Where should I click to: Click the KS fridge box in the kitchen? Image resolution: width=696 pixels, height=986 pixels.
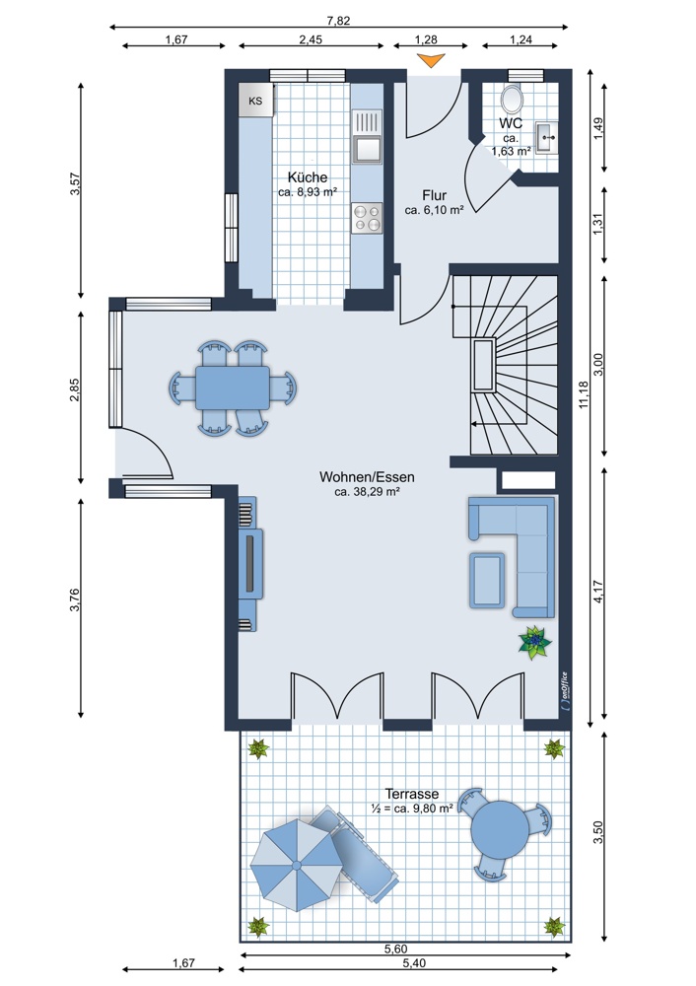pyautogui.click(x=255, y=101)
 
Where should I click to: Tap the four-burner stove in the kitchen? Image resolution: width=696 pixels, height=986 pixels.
pyautogui.click(x=367, y=218)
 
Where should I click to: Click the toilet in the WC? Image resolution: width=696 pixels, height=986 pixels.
pyautogui.click(x=513, y=98)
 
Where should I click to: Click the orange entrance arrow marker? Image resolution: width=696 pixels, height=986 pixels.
pyautogui.click(x=431, y=62)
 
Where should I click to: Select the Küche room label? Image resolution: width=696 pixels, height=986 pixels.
pyautogui.click(x=308, y=176)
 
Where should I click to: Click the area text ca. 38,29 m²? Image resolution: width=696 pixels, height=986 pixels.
pyautogui.click(x=366, y=490)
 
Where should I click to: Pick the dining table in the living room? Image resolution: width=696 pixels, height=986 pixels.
pyautogui.click(x=233, y=387)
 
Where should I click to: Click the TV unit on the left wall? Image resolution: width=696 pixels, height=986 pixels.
pyautogui.click(x=252, y=563)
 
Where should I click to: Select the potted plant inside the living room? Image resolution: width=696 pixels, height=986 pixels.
pyautogui.click(x=533, y=643)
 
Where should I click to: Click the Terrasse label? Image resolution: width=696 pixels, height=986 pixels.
pyautogui.click(x=412, y=793)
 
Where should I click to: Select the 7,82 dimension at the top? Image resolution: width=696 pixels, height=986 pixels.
pyautogui.click(x=338, y=19)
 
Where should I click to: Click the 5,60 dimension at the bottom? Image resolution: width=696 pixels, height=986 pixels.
pyautogui.click(x=396, y=949)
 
